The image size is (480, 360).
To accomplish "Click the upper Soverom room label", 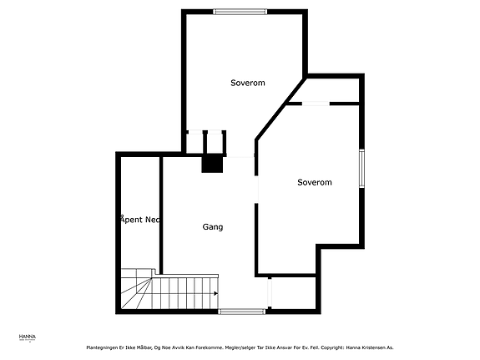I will point(248,83).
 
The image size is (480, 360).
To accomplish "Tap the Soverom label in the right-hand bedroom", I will point(315,182).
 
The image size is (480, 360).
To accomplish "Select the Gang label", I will point(213,226).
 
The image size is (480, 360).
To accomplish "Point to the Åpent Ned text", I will point(140,220).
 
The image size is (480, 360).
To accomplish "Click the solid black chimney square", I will point(213,164).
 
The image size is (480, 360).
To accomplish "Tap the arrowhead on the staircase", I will point(215,293).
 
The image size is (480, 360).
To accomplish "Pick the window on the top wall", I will point(240,11).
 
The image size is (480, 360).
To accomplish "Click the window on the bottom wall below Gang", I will point(242,312).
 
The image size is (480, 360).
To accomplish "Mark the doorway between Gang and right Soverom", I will point(255,175).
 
